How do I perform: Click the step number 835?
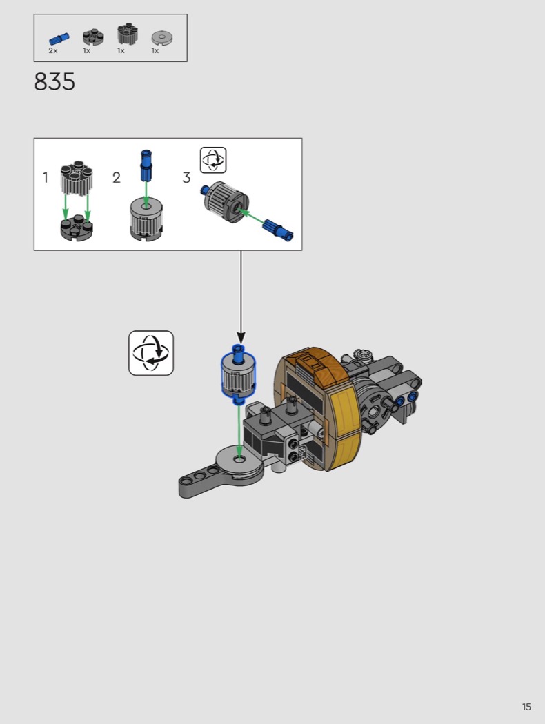[54, 82]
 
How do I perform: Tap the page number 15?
[526, 707]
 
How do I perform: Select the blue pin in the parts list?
[59, 39]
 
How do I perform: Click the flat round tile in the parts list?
[162, 38]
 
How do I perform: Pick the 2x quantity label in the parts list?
[53, 51]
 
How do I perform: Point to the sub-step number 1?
[46, 177]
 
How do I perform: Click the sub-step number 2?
[117, 177]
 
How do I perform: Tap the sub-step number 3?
[186, 177]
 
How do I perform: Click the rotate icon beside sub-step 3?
[213, 160]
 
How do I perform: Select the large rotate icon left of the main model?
[151, 353]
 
